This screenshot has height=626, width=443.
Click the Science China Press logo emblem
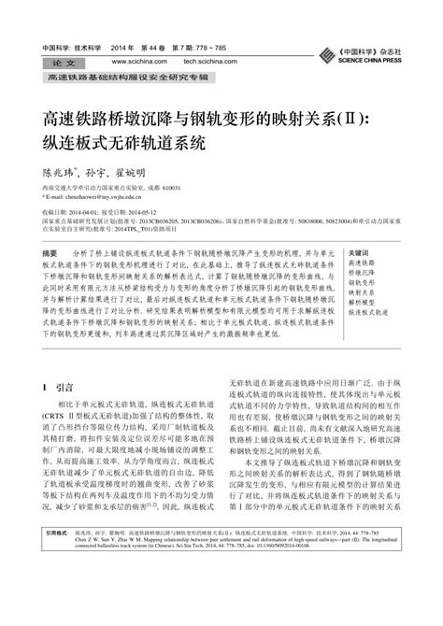[323, 52]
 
